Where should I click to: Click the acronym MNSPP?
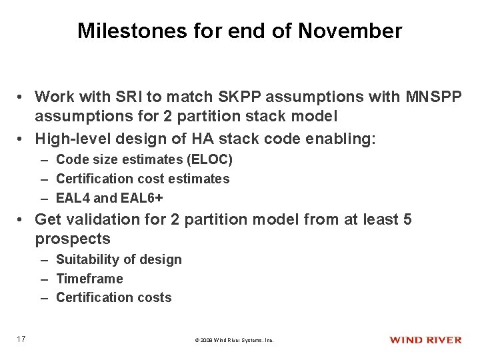pos(433,97)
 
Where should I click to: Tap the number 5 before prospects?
pos(407,219)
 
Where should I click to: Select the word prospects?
pos(72,239)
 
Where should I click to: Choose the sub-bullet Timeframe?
pos(89,279)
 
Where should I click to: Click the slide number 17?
pos(22,339)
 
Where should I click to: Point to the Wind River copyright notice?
pos(234,340)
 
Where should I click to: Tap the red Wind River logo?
pos(425,340)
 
